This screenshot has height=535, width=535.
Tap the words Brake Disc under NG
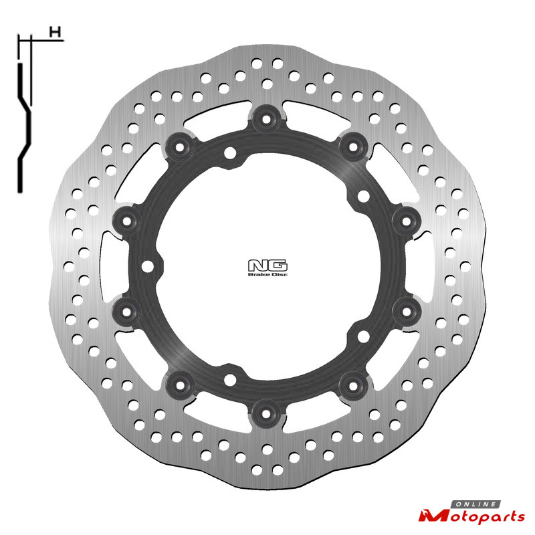[268, 274]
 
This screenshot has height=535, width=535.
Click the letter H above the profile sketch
[55, 32]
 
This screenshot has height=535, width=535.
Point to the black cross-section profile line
[24, 128]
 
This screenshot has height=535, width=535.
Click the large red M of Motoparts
[433, 516]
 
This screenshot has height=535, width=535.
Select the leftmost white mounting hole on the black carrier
[147, 266]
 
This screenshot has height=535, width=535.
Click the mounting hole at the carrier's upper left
[230, 152]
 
